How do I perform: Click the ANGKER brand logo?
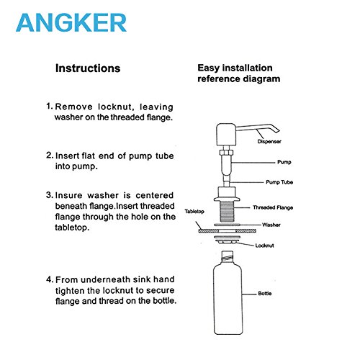coord(71,23)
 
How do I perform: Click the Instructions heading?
coord(88,68)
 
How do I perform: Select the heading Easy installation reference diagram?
coord(239,73)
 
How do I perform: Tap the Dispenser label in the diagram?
coord(269,141)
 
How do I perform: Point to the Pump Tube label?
coord(279,182)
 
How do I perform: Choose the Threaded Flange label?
coord(273,207)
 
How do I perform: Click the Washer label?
coord(271,225)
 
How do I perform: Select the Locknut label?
coord(264,246)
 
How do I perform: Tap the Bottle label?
coord(265,293)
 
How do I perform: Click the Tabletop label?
coord(194,212)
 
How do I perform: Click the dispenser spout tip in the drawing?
coord(278,131)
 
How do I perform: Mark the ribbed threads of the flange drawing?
coord(227,212)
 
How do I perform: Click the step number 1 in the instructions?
coord(49,107)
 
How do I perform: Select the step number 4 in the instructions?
coord(49,279)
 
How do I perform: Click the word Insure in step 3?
coord(69,195)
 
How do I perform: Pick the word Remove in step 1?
coord(73,107)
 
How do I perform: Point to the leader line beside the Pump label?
coord(253,163)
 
